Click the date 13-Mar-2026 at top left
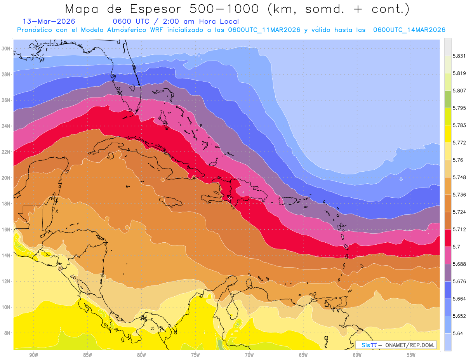(x=49, y=21)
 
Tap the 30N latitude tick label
(x=7, y=48)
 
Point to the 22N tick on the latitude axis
(x=7, y=152)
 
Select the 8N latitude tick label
(x=7, y=333)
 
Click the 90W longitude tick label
(x=34, y=355)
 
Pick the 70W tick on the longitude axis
(x=249, y=355)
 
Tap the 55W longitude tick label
(x=411, y=355)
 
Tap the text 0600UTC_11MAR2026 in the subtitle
(x=264, y=30)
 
